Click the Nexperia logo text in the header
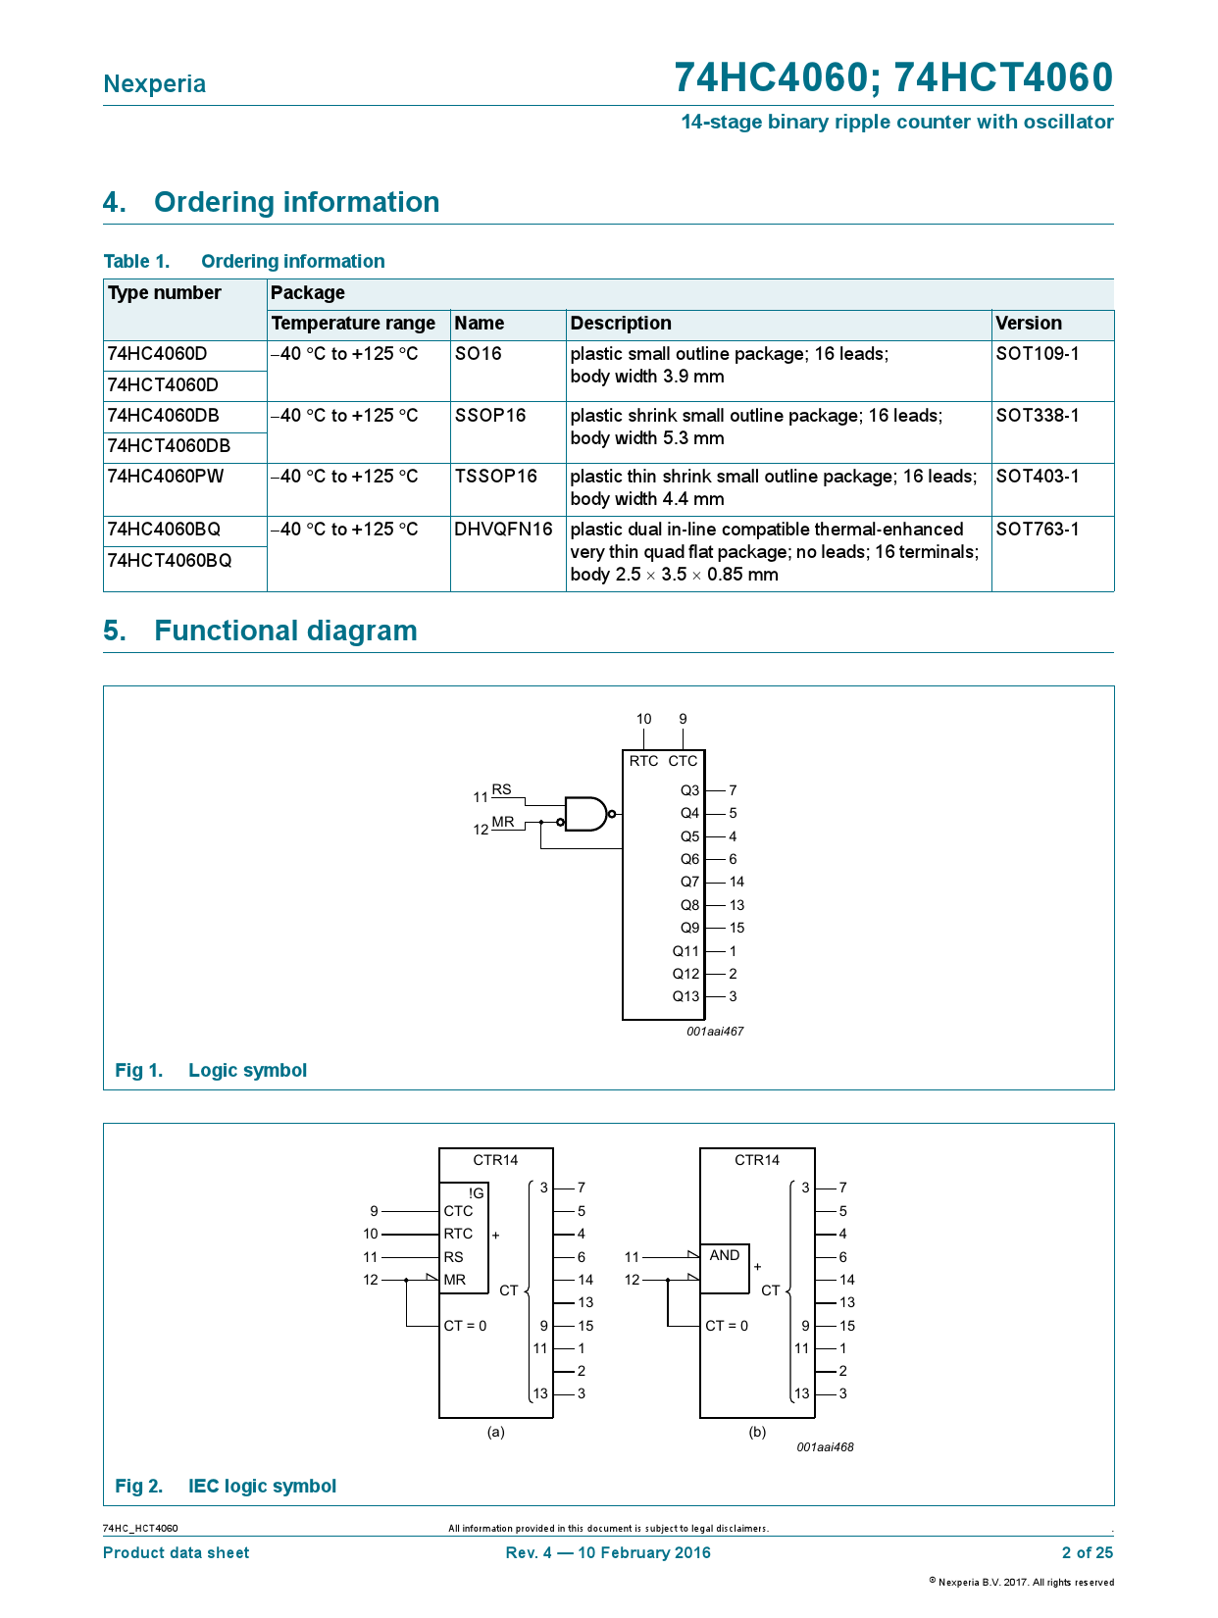pos(155,84)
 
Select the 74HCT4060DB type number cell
pos(169,446)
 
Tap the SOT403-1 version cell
pos(1038,477)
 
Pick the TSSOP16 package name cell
pos(495,477)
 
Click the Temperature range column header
pos(353,324)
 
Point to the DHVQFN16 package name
pos(503,530)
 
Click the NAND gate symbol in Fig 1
pos(586,814)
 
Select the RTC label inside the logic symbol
pos(643,761)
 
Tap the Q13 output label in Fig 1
pos(685,996)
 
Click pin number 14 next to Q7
pos(736,882)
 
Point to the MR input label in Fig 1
pos(503,822)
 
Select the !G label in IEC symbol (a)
pos(476,1193)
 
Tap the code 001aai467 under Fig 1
pos(715,1032)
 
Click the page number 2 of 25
pos(1087,1552)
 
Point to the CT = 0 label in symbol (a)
pos(465,1326)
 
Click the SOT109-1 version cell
pos(1038,354)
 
